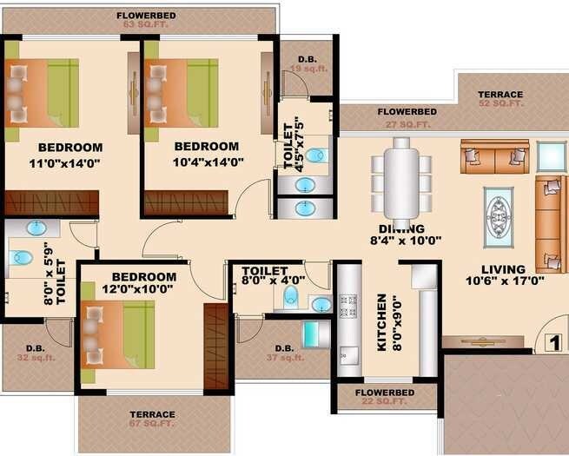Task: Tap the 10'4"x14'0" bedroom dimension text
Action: click(208, 162)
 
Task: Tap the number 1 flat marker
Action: click(551, 342)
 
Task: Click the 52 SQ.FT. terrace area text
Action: click(500, 103)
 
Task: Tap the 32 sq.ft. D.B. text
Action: click(30, 357)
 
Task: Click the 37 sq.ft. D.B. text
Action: click(286, 357)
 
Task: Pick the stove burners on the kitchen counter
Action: click(347, 306)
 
